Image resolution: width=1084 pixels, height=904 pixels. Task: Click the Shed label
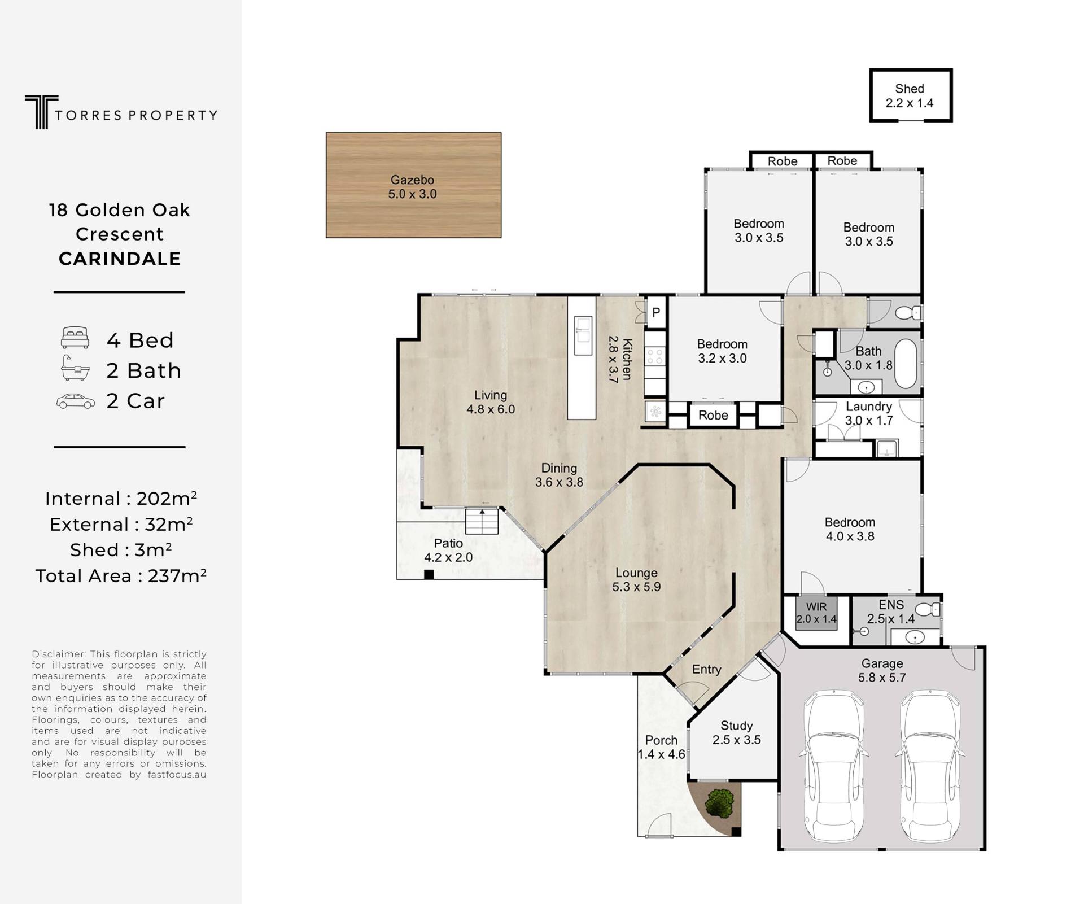click(909, 89)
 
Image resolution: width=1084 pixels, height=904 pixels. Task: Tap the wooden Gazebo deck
click(413, 185)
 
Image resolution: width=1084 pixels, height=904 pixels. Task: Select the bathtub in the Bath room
click(906, 364)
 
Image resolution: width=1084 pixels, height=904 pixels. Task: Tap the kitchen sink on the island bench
click(583, 335)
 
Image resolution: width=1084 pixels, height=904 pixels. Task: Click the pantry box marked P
click(656, 312)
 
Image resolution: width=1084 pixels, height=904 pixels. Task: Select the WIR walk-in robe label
click(816, 607)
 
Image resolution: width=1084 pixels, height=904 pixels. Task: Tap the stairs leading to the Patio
click(482, 521)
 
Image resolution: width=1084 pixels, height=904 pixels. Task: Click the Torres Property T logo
click(41, 112)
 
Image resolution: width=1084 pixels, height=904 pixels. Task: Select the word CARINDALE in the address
click(120, 259)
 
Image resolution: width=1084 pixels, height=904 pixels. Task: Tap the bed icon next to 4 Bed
click(75, 338)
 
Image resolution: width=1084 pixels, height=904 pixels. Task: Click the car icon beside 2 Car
click(76, 401)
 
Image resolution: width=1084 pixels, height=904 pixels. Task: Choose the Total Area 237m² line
click(121, 576)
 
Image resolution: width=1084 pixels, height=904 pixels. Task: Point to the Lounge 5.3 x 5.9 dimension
click(636, 587)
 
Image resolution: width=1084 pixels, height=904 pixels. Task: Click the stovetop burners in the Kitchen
click(655, 356)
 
